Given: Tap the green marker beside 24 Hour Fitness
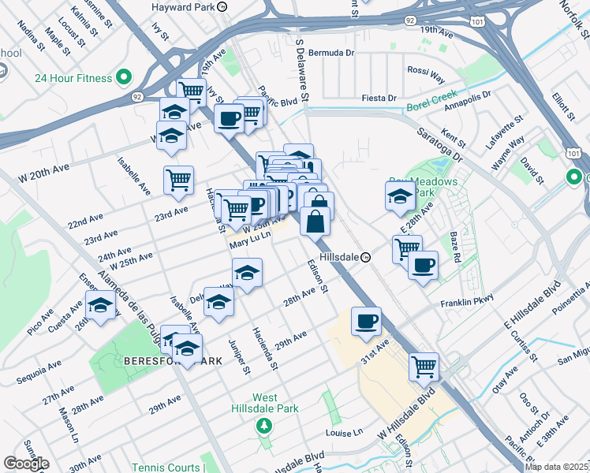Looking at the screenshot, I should pos(123,77).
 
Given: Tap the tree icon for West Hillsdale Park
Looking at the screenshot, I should pos(265,426).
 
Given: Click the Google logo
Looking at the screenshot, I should pos(25,464).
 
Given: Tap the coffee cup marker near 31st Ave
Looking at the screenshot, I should pos(366,322).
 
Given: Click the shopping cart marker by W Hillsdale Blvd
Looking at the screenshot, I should pos(424,366).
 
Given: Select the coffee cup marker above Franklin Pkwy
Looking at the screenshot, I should pos(423,265).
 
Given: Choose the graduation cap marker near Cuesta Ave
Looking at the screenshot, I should pos(100,306).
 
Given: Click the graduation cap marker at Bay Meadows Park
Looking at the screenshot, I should pos(400,196).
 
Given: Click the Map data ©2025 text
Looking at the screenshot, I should pos(556,467).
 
